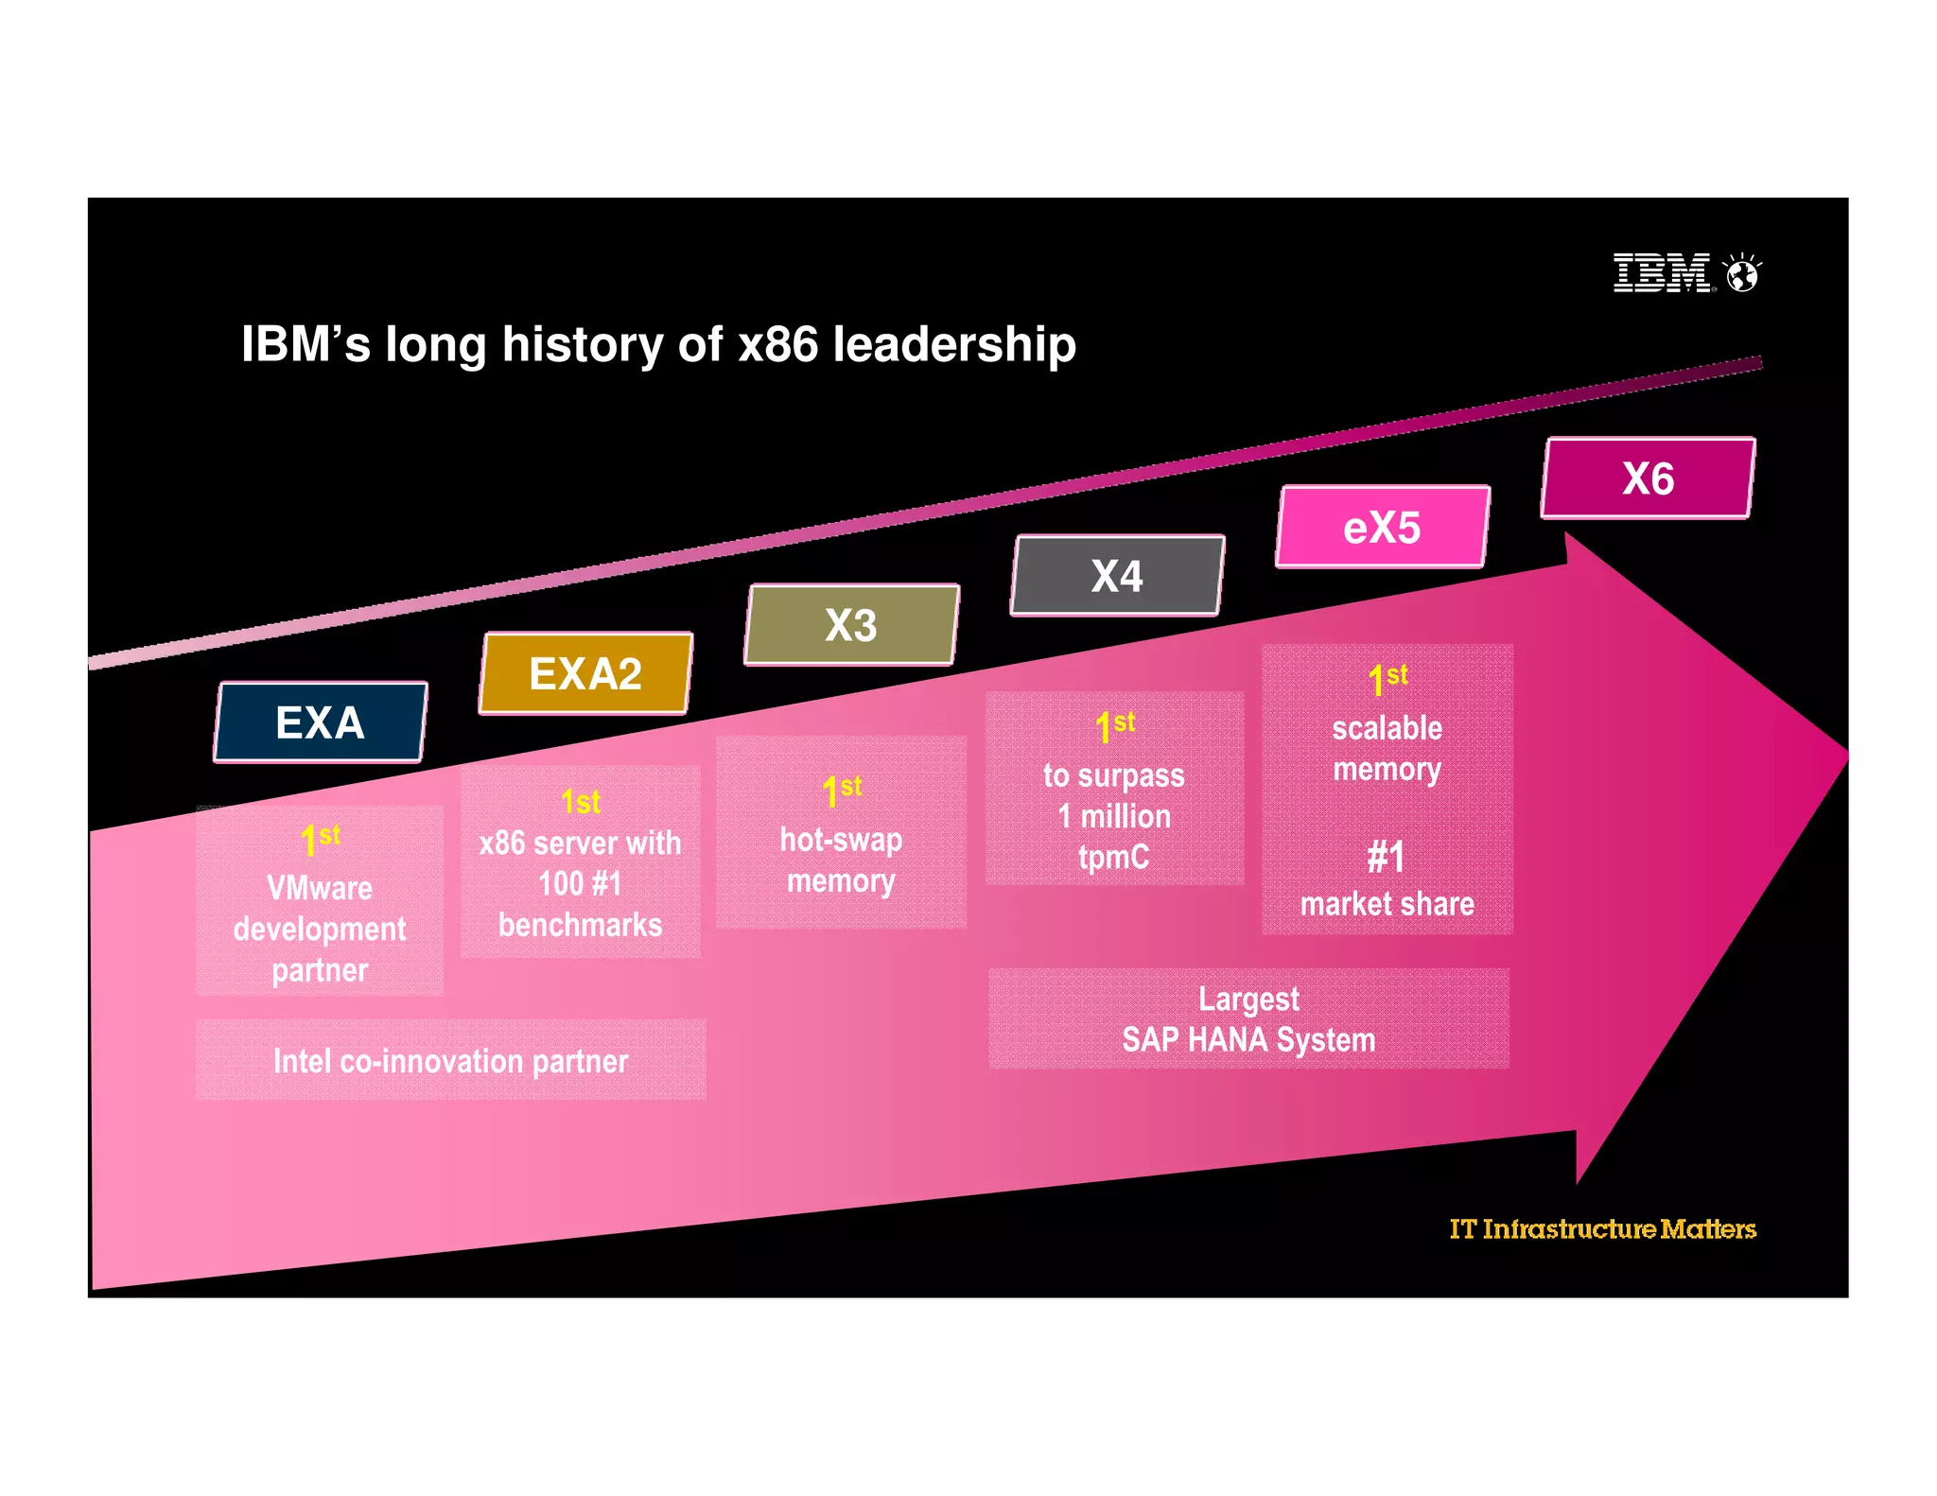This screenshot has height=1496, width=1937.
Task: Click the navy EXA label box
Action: coord(320,722)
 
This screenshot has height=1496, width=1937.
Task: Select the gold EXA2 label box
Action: coord(585,673)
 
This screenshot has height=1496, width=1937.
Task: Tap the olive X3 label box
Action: coord(851,625)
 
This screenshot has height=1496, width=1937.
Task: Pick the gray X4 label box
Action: coord(1117,576)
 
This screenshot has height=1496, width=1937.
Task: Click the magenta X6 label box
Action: coord(1648,478)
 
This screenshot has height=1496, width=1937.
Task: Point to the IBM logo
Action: coord(1662,273)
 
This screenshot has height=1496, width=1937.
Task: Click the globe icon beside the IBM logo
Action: coord(1742,274)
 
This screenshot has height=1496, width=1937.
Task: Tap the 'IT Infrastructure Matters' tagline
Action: coord(1602,1228)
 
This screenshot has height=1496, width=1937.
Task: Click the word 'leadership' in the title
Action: coord(954,344)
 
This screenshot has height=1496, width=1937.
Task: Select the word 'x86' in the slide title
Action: coord(777,344)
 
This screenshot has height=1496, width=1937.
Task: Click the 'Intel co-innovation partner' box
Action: coord(450,1061)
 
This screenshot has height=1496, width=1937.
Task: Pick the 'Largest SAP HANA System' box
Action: coord(1248,1019)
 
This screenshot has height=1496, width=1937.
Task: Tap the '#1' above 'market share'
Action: coord(1386,858)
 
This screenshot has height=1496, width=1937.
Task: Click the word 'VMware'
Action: coord(320,888)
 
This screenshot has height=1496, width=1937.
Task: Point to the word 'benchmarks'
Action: coord(580,925)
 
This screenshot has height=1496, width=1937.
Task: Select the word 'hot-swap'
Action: coord(841,840)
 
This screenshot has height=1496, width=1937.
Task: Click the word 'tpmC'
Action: coord(1113,857)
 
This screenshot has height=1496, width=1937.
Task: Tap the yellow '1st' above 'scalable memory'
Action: coord(1387,678)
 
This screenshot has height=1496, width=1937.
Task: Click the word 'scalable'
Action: coord(1387,728)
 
